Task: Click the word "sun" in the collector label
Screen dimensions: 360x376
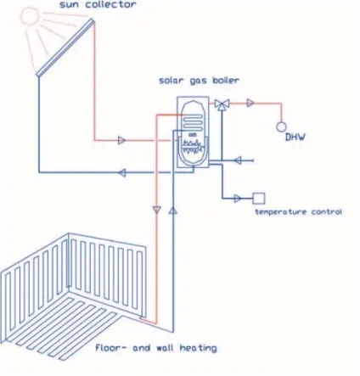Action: [x=70, y=5]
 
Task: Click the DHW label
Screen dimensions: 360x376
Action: [x=295, y=137]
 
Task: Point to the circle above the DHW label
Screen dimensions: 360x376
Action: [x=281, y=127]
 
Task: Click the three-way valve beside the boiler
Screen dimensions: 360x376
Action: [x=222, y=104]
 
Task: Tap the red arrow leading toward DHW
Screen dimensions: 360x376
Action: [x=250, y=103]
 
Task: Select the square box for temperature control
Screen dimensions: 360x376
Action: [x=259, y=199]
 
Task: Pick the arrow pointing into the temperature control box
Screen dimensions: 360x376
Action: [x=238, y=199]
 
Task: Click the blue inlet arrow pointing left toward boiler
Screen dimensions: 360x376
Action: [x=238, y=160]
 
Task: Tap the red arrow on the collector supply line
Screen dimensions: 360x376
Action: [x=121, y=140]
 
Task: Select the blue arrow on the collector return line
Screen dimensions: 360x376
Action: [x=122, y=172]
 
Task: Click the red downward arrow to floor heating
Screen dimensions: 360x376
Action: [x=157, y=210]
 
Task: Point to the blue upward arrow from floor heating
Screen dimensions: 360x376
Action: [x=173, y=210]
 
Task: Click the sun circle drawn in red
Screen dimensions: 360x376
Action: [x=29, y=15]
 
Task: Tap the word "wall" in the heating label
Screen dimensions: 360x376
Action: [x=165, y=347]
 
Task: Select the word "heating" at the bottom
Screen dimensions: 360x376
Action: [x=199, y=348]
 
